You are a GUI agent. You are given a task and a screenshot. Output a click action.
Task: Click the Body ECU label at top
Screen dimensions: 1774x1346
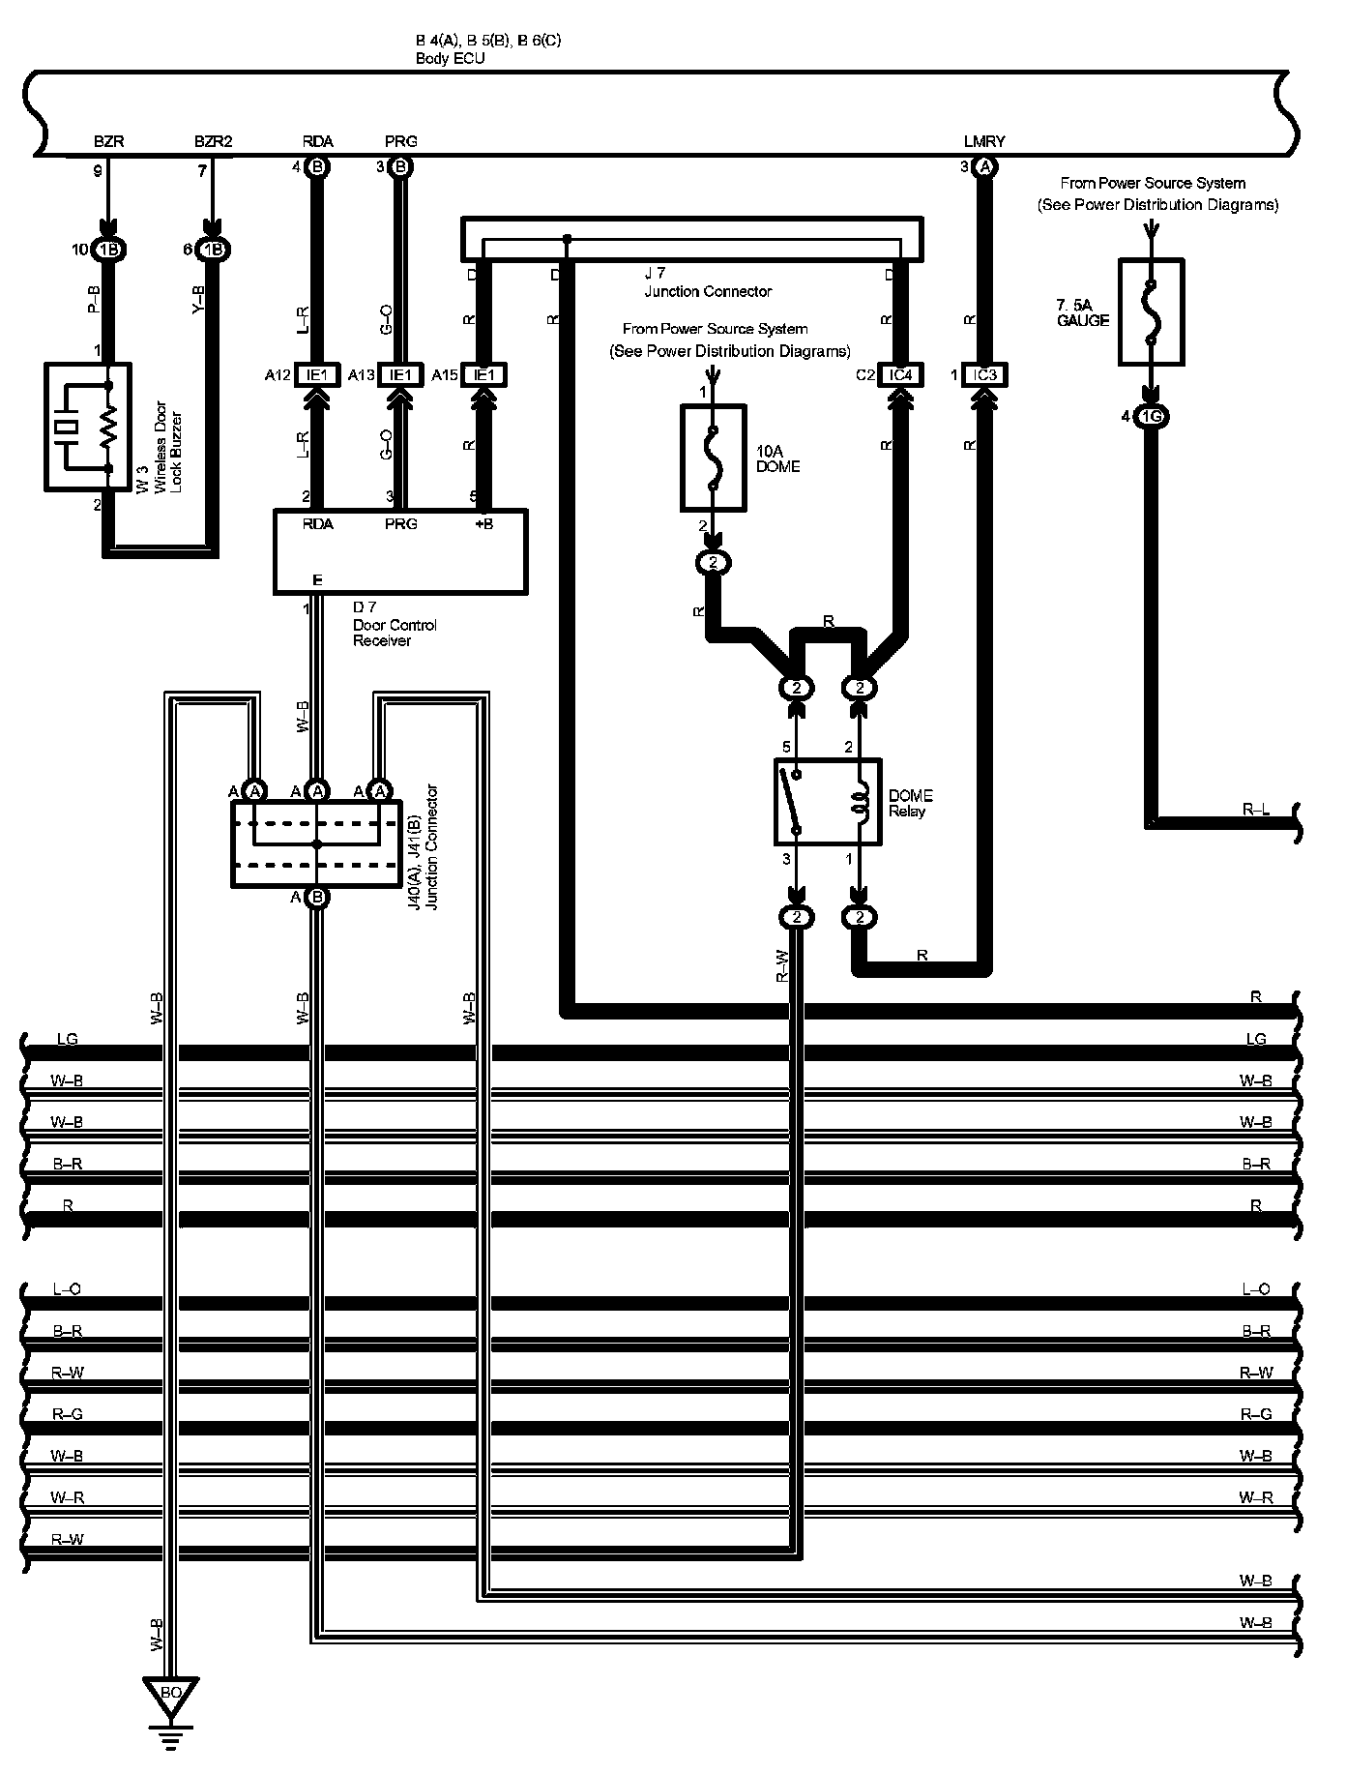[x=451, y=58]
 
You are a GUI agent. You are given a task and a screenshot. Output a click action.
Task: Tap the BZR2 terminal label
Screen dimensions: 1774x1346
[x=213, y=141]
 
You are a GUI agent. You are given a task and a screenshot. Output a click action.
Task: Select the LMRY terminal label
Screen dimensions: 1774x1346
[x=984, y=141]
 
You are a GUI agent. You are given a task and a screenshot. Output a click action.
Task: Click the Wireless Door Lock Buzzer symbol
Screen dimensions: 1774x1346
[x=88, y=427]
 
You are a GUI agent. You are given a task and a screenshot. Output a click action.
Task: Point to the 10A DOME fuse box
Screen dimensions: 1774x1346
[x=714, y=458]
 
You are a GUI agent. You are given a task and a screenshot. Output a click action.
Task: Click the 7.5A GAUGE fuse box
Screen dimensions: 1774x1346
[x=1151, y=311]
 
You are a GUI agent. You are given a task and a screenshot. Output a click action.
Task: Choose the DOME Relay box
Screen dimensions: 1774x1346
[x=828, y=801]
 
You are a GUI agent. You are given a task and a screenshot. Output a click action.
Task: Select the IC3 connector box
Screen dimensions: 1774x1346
[x=984, y=374]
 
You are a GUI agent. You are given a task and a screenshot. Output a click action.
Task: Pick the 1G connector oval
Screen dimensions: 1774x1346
[x=1151, y=417]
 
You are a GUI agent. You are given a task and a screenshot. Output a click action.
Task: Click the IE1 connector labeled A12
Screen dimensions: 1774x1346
[x=317, y=374]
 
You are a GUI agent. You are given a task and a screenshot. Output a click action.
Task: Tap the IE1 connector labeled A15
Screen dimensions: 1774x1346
[x=483, y=374]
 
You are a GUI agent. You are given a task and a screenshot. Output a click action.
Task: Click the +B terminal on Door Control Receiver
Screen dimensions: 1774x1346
[x=483, y=523]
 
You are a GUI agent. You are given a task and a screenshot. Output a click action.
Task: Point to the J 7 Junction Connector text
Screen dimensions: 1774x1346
[x=708, y=282]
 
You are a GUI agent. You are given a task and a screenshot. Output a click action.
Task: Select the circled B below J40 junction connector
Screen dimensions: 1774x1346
[x=317, y=897]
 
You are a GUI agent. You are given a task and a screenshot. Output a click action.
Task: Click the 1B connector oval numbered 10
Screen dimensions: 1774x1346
[x=108, y=250]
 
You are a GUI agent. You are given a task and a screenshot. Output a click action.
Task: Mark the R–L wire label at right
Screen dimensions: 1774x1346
[x=1255, y=809]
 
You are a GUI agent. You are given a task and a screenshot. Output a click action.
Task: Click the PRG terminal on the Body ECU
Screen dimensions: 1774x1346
[x=400, y=141]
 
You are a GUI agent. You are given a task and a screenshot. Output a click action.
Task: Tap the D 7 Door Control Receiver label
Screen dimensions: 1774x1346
[x=395, y=624]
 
